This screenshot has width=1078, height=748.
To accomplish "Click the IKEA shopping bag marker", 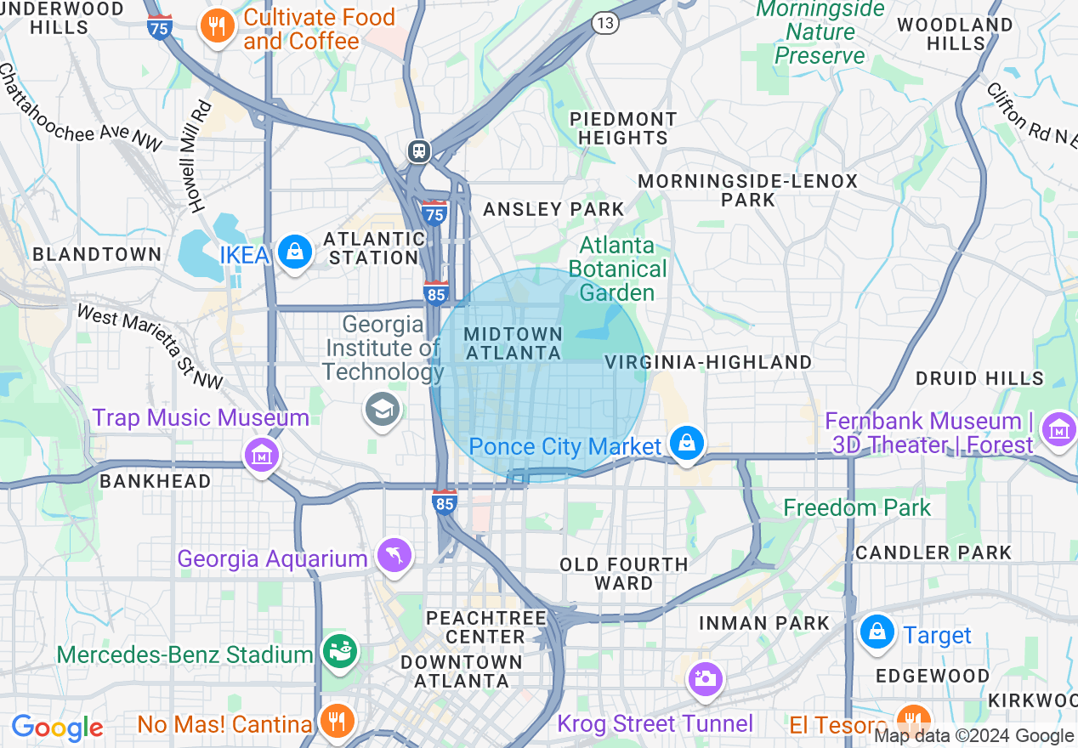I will pos(295,252).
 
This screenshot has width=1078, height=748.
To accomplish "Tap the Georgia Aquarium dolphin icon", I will pos(395,556).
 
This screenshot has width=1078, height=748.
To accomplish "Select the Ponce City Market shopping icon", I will pos(686,443).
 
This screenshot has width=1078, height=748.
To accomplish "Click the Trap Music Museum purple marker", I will pos(262,455).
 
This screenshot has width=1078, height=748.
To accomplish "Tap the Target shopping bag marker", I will pos(877,632).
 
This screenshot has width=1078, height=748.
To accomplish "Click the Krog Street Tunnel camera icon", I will pos(705,678).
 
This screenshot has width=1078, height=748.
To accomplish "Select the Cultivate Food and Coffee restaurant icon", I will pos(218,26).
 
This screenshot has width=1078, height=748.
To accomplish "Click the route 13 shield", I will pos(604,23).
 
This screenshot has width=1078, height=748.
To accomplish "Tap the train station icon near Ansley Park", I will pos(418,151).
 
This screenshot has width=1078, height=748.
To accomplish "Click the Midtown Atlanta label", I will pos(513,343).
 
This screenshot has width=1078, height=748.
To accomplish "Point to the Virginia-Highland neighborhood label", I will pos(708,362).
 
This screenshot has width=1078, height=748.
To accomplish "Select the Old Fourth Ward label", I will pos(623,574).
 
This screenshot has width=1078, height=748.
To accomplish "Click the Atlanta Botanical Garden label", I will pos(617,269).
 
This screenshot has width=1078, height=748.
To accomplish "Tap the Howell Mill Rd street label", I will pos(196,156).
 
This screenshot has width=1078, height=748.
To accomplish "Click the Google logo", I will pos(56,728).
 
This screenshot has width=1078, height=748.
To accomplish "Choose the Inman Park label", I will pos(763,623).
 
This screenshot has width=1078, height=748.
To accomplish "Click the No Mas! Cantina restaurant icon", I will pos(338,721).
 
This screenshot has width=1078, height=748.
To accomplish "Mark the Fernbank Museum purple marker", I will pos(1059,430).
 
